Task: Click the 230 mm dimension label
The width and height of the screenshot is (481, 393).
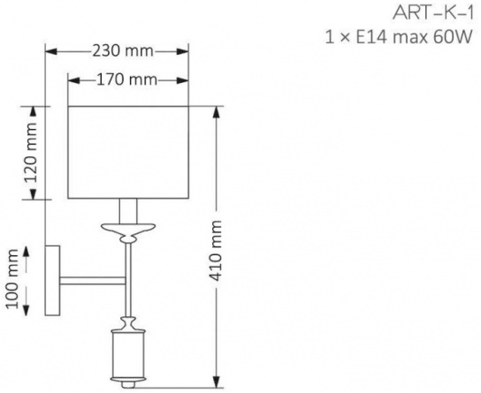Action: pyautogui.click(x=123, y=51)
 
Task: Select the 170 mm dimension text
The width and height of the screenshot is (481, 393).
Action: pyautogui.click(x=127, y=79)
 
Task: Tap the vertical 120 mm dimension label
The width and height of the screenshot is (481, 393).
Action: pyautogui.click(x=31, y=153)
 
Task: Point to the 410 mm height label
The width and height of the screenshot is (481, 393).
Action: pyautogui.click(x=217, y=251)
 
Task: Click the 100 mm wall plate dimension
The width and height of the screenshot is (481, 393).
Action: pyautogui.click(x=12, y=279)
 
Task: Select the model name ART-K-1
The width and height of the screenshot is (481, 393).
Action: pyautogui.click(x=433, y=13)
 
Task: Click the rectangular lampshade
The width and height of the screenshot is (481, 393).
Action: pyautogui.click(x=128, y=153)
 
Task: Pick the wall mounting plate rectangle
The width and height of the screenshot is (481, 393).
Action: pyautogui.click(x=52, y=280)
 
